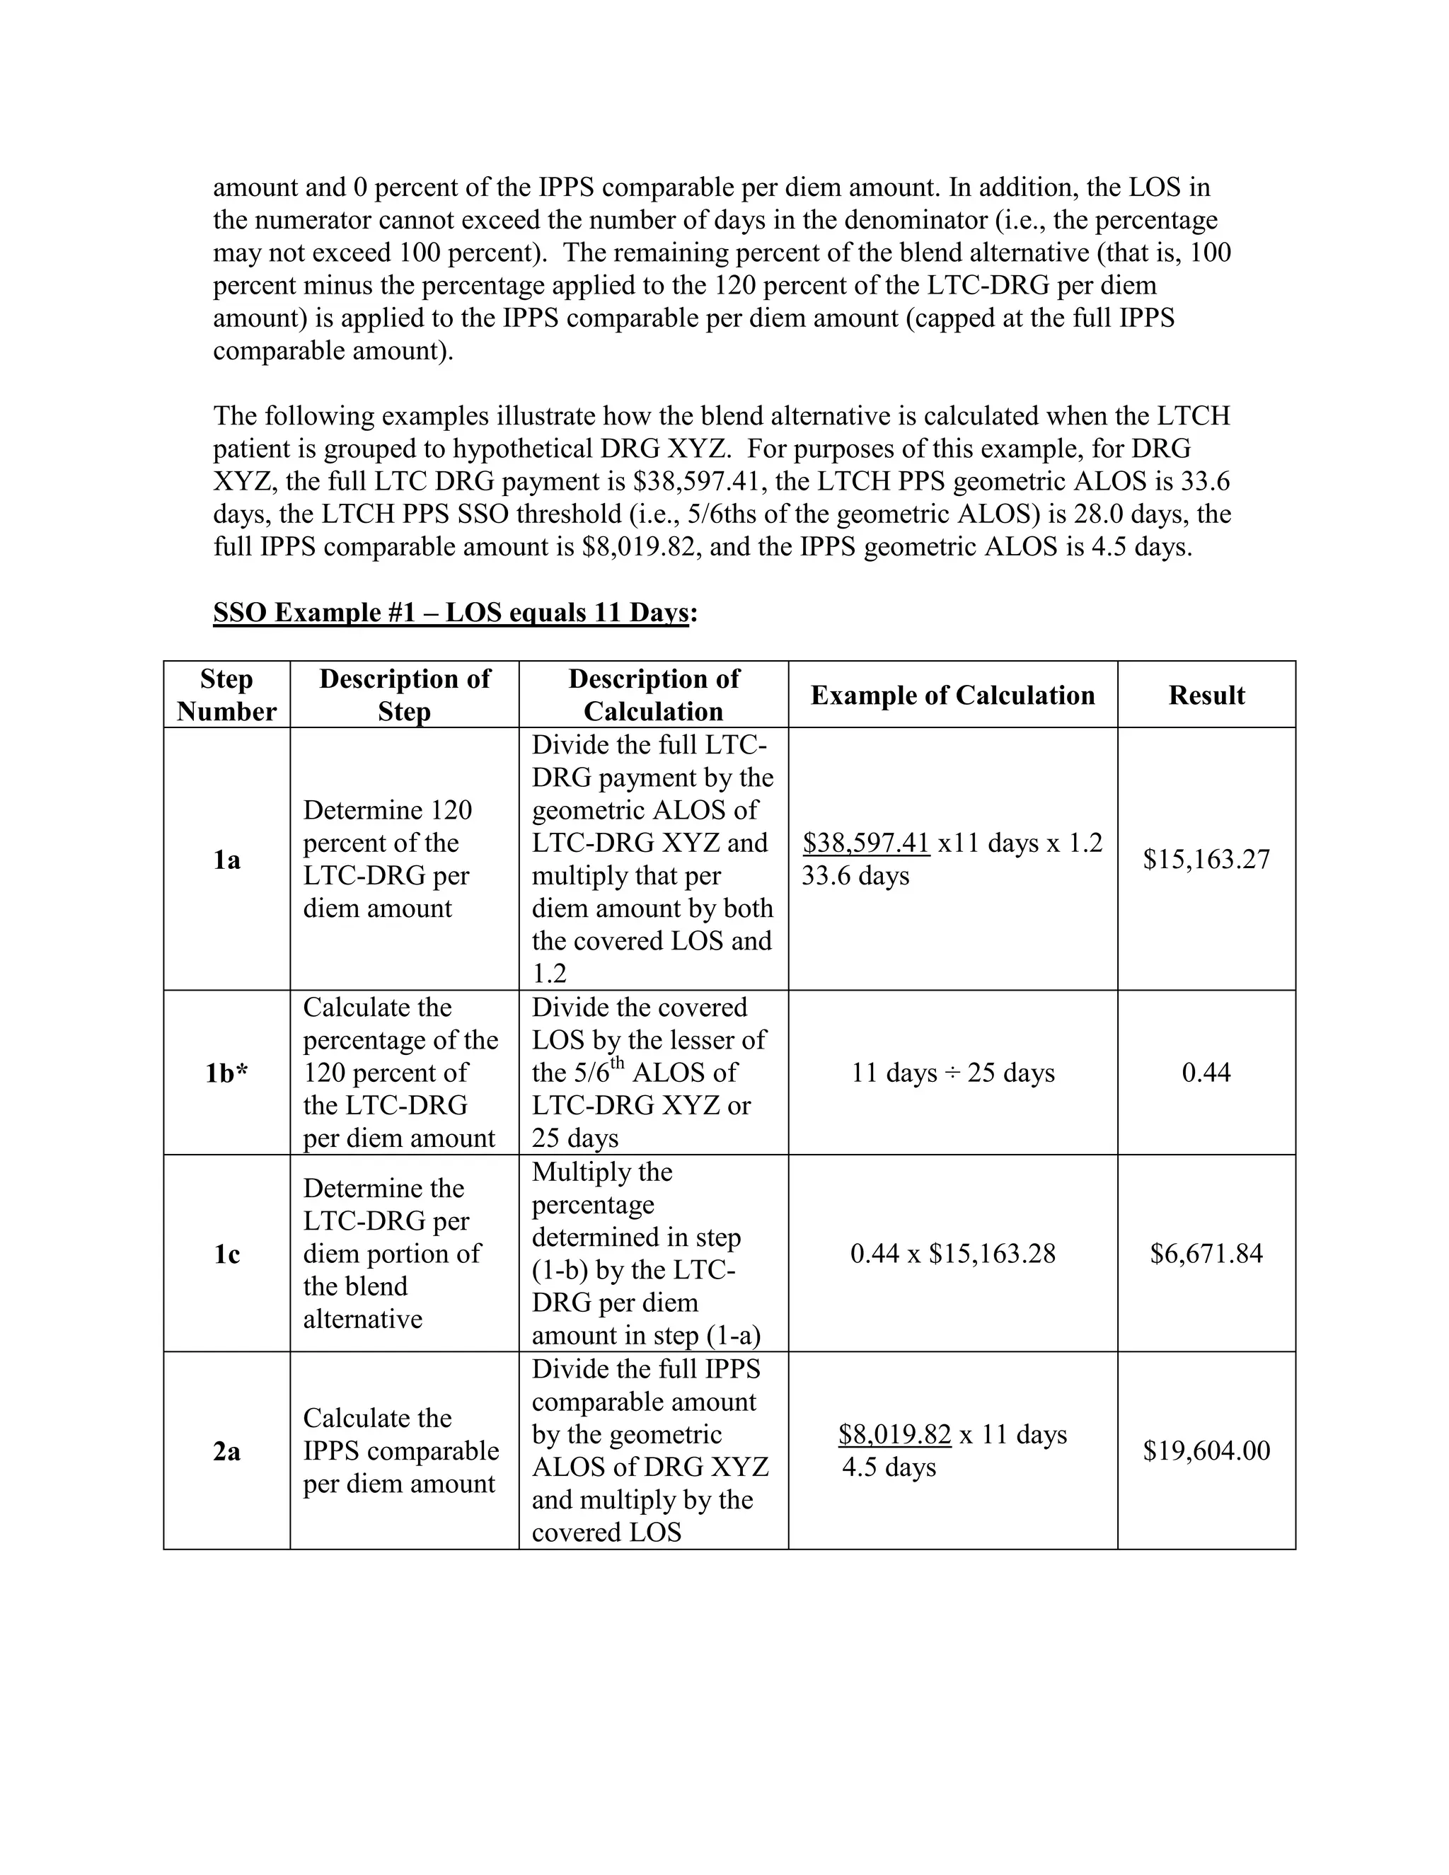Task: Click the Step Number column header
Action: tap(226, 695)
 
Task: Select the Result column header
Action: tap(1206, 695)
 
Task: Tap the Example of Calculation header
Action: tap(953, 695)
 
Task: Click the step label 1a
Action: tap(226, 860)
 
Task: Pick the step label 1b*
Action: tap(226, 1072)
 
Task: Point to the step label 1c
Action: tap(226, 1254)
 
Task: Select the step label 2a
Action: tap(226, 1452)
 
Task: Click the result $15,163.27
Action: tap(1206, 860)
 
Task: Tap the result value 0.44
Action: tap(1206, 1072)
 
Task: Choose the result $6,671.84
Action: tap(1206, 1254)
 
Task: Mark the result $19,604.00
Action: tap(1206, 1451)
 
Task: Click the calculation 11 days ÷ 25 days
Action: tap(953, 1072)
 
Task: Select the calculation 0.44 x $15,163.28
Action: tap(953, 1254)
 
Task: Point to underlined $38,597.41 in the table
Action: tap(866, 843)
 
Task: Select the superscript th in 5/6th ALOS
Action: tap(617, 1063)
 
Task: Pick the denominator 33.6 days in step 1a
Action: tap(855, 876)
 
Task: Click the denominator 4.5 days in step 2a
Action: tap(889, 1467)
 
